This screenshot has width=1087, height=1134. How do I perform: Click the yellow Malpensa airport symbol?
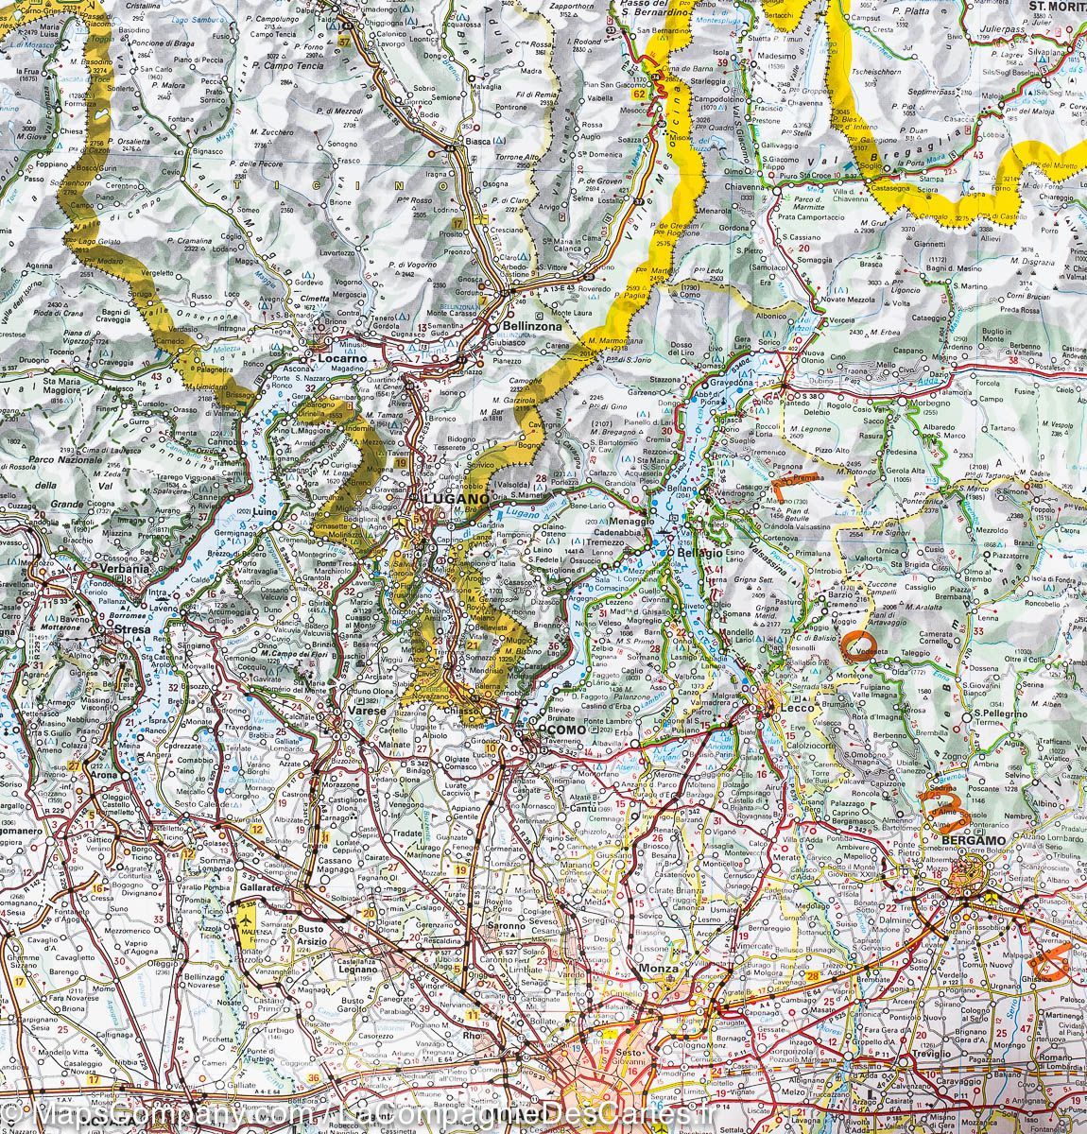pyautogui.click(x=247, y=917)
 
